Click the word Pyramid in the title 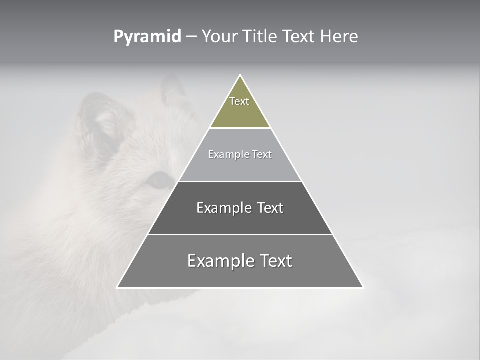tap(147, 37)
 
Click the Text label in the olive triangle tap(239, 101)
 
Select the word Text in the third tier tap(270, 208)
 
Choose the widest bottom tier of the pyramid tap(240, 275)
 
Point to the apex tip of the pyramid tap(240, 75)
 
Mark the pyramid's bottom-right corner tap(363, 287)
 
